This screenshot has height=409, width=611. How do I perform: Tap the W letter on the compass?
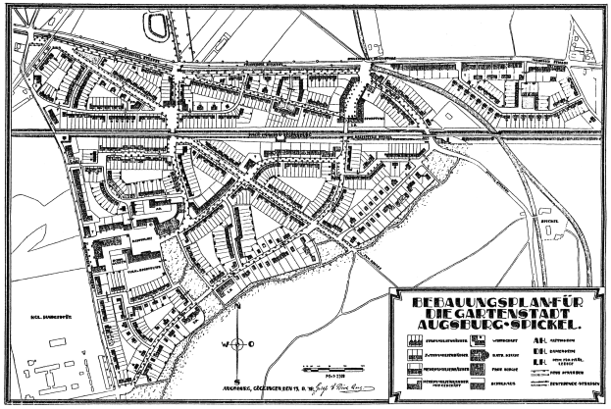coord(224,343)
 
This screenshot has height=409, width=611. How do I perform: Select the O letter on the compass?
coord(254,343)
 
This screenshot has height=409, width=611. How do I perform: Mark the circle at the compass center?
coord(238,343)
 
